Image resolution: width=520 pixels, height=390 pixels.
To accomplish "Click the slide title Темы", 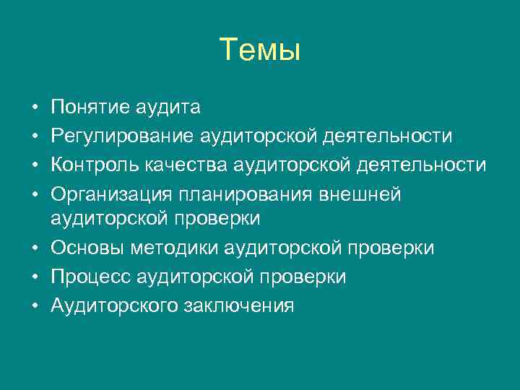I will [x=260, y=50].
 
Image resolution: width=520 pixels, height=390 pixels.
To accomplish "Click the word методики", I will [x=174, y=248].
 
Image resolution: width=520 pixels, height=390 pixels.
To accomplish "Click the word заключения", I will [x=244, y=306].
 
